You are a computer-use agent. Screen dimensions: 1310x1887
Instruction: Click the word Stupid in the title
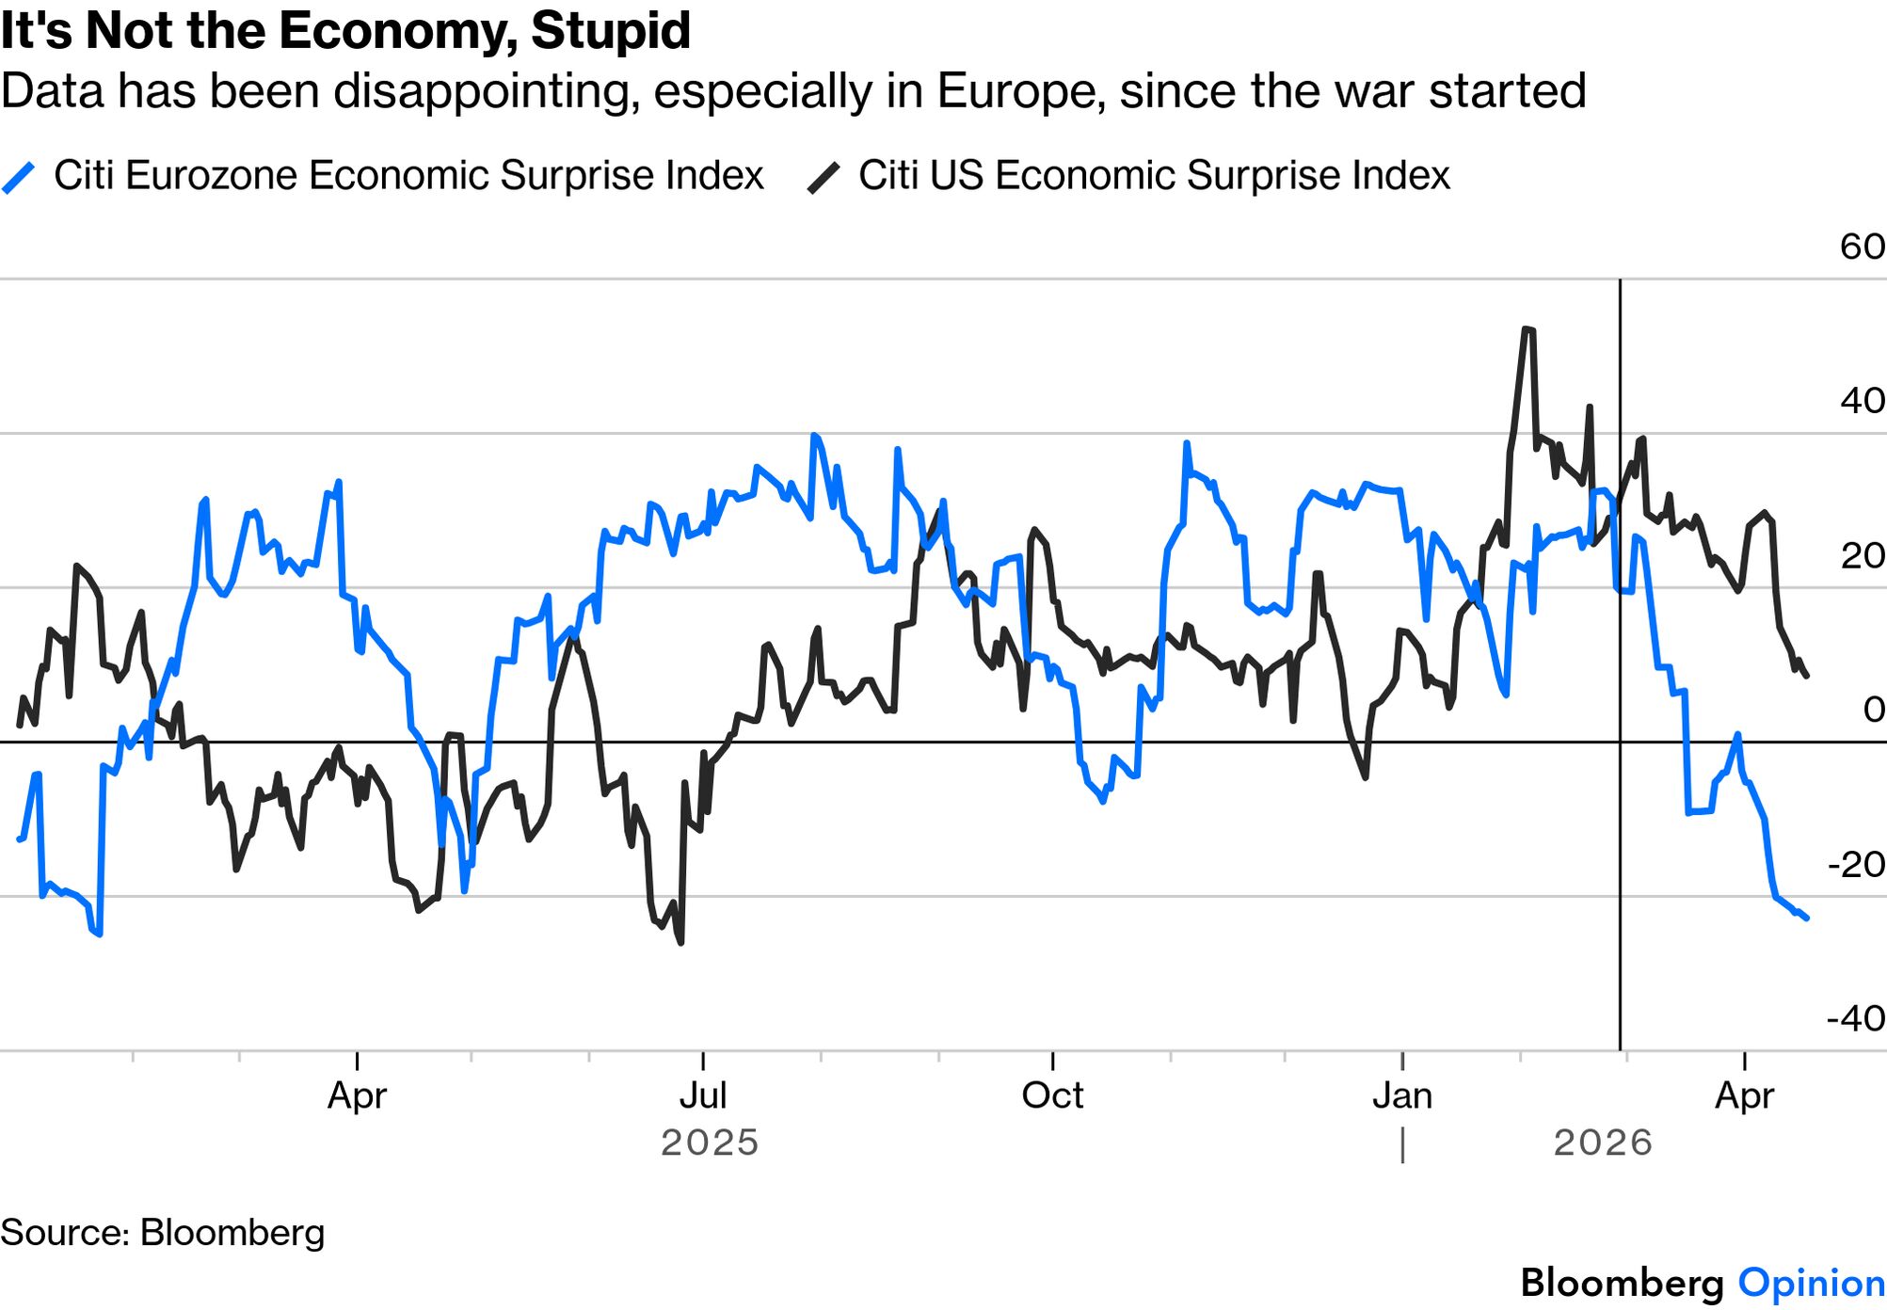pyautogui.click(x=610, y=30)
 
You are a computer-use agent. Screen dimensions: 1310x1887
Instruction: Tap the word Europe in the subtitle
pyautogui.click(x=1020, y=91)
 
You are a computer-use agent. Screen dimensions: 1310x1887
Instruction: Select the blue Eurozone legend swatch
pyautogui.click(x=18, y=177)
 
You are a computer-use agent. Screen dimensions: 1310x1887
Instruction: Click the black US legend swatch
pyautogui.click(x=824, y=177)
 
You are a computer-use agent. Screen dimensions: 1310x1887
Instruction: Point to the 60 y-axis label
pyautogui.click(x=1862, y=247)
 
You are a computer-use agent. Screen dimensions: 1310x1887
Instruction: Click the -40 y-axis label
pyautogui.click(x=1855, y=1017)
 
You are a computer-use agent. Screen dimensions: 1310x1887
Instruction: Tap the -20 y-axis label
pyautogui.click(x=1855, y=864)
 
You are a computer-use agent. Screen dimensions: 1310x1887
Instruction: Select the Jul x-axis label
pyautogui.click(x=703, y=1095)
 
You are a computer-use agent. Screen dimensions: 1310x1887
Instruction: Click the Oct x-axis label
pyautogui.click(x=1052, y=1095)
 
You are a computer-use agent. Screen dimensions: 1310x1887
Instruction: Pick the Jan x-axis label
pyautogui.click(x=1402, y=1095)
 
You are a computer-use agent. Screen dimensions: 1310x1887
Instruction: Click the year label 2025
pyautogui.click(x=710, y=1142)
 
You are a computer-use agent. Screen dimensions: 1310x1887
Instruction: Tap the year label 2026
pyautogui.click(x=1602, y=1142)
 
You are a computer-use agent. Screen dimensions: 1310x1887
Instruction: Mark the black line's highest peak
pyautogui.click(x=1527, y=328)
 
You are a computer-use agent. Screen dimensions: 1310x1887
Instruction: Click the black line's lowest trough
pyautogui.click(x=680, y=942)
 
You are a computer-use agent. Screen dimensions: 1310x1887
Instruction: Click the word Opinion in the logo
pyautogui.click(x=1811, y=1284)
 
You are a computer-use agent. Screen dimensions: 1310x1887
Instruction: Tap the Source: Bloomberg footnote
pyautogui.click(x=163, y=1233)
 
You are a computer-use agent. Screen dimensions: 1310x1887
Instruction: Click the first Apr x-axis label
pyautogui.click(x=357, y=1095)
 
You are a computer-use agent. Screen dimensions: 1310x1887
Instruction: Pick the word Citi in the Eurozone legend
pyautogui.click(x=83, y=176)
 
